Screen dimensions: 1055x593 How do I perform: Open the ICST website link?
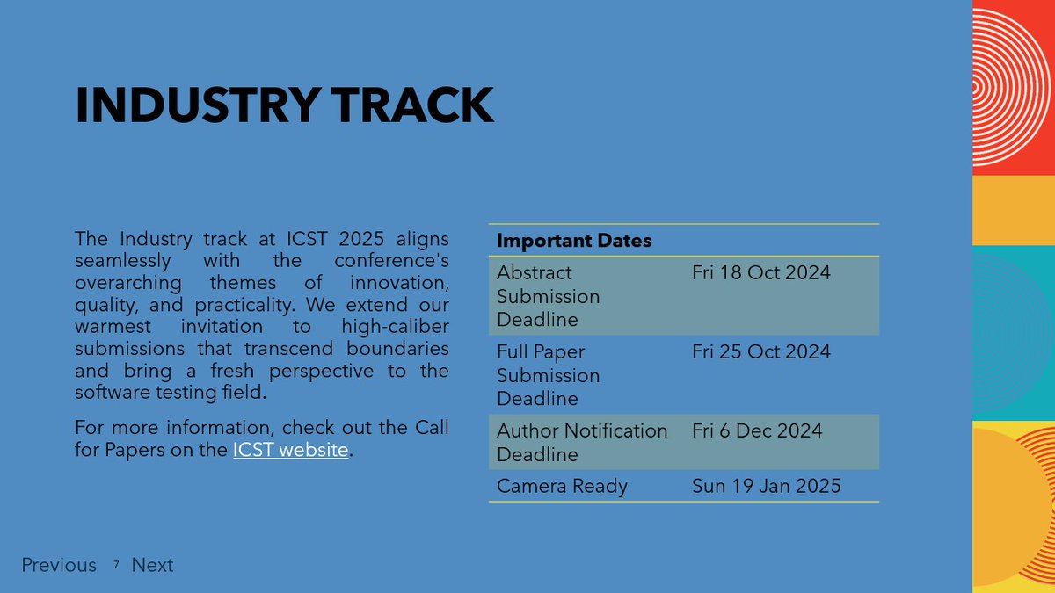pyautogui.click(x=291, y=450)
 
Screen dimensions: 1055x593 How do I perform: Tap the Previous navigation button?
pyautogui.click(x=59, y=565)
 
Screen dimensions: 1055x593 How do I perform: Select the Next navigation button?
pyautogui.click(x=152, y=565)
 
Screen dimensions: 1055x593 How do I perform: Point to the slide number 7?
pyautogui.click(x=116, y=564)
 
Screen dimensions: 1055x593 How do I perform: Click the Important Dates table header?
pyautogui.click(x=574, y=241)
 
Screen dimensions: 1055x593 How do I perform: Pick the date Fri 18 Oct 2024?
pyautogui.click(x=761, y=272)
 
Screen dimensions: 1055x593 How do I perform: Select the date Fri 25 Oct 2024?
pyautogui.click(x=761, y=351)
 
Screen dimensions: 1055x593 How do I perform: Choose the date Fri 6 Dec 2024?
pyautogui.click(x=757, y=430)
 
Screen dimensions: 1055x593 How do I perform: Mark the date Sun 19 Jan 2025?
pyautogui.click(x=767, y=486)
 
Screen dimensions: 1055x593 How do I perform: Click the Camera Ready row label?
pyautogui.click(x=562, y=486)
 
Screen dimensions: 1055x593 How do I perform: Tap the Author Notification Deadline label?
pyautogui.click(x=582, y=443)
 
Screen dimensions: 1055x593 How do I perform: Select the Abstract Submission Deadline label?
pyautogui.click(x=549, y=296)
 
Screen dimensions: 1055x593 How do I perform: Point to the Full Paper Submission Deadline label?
pyautogui.click(x=549, y=375)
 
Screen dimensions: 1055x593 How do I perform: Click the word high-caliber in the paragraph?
pyautogui.click(x=395, y=327)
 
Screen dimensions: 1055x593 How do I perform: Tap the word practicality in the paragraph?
pyautogui.click(x=245, y=305)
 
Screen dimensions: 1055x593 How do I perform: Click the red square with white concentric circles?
pyautogui.click(x=1014, y=88)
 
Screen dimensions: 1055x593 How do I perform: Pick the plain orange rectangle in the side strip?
pyautogui.click(x=1014, y=210)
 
